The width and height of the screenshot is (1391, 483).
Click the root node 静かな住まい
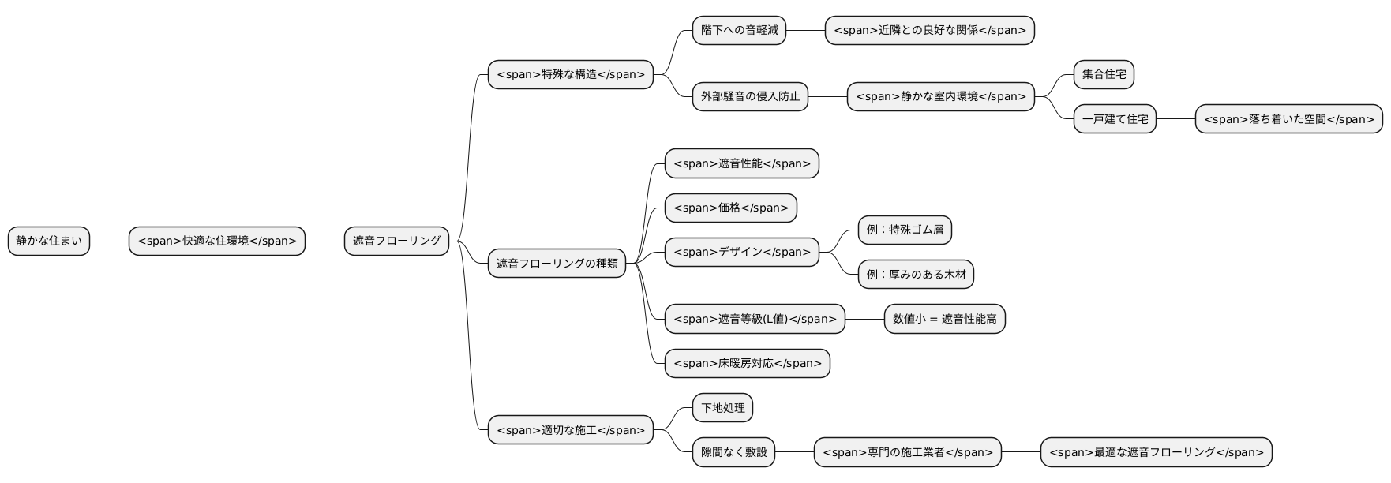(x=49, y=241)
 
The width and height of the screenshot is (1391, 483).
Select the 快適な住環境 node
(x=217, y=241)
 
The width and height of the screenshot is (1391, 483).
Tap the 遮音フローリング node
(x=396, y=241)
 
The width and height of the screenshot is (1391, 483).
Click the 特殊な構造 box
(x=571, y=75)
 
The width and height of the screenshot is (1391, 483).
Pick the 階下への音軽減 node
(x=739, y=30)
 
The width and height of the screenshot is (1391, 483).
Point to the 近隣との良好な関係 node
(x=929, y=30)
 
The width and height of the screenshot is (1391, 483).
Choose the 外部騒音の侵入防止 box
(x=750, y=96)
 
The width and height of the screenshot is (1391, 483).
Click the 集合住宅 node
(x=1104, y=74)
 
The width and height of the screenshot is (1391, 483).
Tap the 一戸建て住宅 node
(x=1115, y=119)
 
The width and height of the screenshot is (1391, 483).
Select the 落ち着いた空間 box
(x=1288, y=119)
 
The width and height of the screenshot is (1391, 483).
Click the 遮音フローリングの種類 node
(x=557, y=264)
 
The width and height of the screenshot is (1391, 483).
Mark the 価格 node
(x=730, y=208)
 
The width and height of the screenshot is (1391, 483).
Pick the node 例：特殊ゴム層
(x=905, y=230)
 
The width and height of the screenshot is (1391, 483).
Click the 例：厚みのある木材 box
(x=916, y=275)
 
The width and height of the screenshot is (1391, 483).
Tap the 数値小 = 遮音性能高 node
(x=944, y=319)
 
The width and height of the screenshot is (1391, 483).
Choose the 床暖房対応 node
(x=747, y=364)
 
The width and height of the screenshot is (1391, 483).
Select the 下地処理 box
(x=722, y=408)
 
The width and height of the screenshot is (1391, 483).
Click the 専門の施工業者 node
(x=907, y=452)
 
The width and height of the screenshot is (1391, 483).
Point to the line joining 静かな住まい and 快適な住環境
(x=110, y=241)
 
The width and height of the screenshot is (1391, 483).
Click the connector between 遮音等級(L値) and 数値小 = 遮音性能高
(x=864, y=319)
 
